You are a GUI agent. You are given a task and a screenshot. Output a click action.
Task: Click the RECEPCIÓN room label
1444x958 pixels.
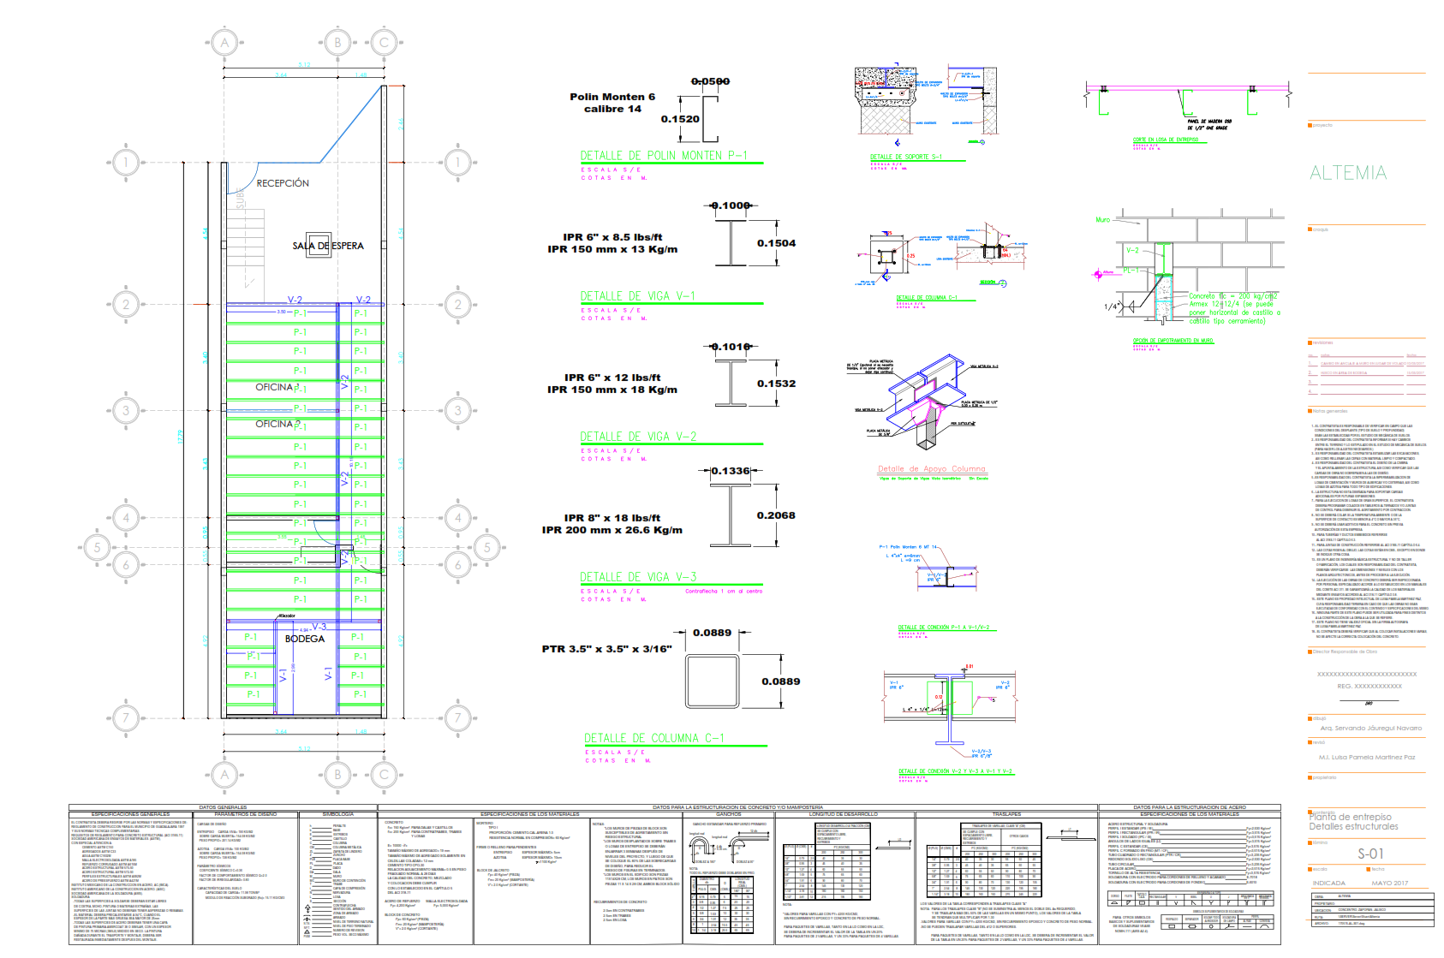(x=283, y=183)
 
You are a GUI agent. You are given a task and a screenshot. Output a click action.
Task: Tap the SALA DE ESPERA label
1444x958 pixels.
(x=328, y=246)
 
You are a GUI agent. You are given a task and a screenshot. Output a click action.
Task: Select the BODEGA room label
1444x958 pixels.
(x=305, y=639)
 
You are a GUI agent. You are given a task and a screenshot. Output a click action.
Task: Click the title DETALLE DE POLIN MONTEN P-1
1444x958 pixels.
(x=664, y=156)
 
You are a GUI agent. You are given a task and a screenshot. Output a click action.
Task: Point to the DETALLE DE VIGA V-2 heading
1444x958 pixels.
(x=638, y=437)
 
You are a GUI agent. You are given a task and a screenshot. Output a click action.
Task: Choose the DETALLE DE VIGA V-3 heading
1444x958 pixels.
(x=638, y=577)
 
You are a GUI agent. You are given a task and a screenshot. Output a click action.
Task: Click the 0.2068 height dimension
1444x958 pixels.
(x=775, y=515)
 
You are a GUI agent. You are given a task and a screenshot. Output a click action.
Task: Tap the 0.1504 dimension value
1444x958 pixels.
(x=776, y=243)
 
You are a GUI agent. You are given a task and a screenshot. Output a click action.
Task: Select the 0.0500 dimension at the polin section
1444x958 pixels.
(x=710, y=81)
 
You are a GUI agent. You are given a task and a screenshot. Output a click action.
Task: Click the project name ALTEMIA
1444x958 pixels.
(x=1348, y=173)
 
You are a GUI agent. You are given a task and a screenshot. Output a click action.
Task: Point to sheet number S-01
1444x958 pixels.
(x=1370, y=854)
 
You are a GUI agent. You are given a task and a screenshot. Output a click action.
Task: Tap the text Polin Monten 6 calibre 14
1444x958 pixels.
(x=612, y=103)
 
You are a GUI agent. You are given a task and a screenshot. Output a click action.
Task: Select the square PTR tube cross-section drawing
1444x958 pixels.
(x=712, y=681)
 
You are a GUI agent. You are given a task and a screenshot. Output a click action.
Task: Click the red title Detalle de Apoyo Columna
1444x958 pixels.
(x=931, y=469)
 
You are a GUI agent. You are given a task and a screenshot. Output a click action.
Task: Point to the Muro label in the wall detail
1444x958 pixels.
(x=1102, y=220)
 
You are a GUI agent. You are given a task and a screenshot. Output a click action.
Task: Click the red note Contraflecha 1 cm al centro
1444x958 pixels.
(x=724, y=591)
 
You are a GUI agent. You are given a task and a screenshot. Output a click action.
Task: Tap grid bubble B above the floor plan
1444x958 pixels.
(x=337, y=42)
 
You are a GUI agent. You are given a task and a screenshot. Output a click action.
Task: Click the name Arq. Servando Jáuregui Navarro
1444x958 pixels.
(x=1370, y=728)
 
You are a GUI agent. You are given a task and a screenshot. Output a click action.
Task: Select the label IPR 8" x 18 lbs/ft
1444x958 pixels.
(x=612, y=518)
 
